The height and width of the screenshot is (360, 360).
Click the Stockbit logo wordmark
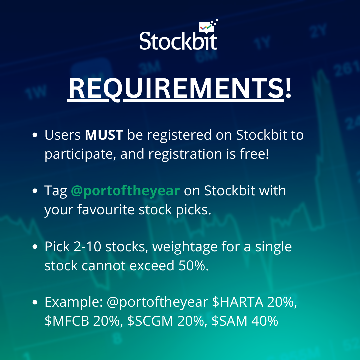point(178,41)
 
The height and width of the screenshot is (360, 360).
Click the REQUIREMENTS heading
point(180,89)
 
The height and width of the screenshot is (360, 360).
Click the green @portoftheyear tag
point(125,191)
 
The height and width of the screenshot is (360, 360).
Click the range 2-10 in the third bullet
point(87,247)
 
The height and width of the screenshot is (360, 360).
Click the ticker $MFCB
point(67,321)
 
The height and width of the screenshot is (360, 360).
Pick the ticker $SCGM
point(150,321)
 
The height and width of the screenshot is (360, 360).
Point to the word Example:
point(73,302)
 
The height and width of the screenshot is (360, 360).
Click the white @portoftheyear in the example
point(157,302)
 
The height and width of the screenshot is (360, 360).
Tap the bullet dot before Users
point(35,135)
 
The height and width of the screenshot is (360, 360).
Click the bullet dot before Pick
point(35,247)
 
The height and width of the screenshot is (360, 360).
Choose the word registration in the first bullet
point(185,154)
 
